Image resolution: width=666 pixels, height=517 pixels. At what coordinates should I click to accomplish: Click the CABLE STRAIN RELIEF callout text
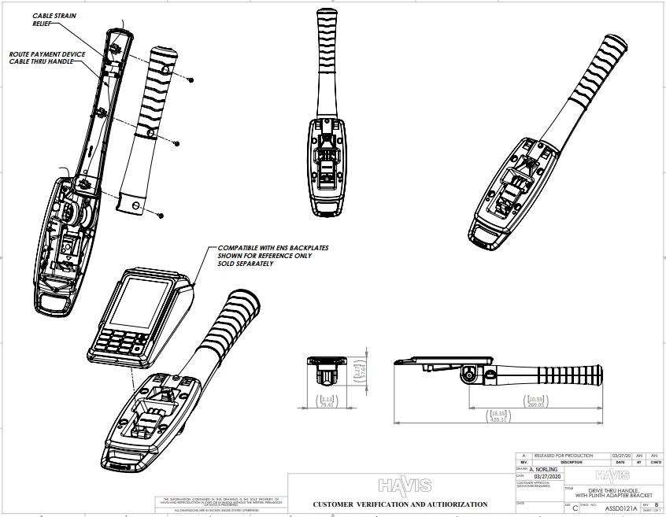click(x=54, y=20)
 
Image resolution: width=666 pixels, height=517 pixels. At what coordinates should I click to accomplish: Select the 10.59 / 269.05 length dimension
click(x=538, y=402)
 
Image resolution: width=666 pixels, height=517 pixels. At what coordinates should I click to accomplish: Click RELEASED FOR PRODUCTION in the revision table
click(x=560, y=456)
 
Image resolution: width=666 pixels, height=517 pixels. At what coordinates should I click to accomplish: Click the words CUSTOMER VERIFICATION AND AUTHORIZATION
click(x=400, y=504)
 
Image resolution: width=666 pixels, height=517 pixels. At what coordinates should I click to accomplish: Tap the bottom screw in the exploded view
click(x=160, y=214)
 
